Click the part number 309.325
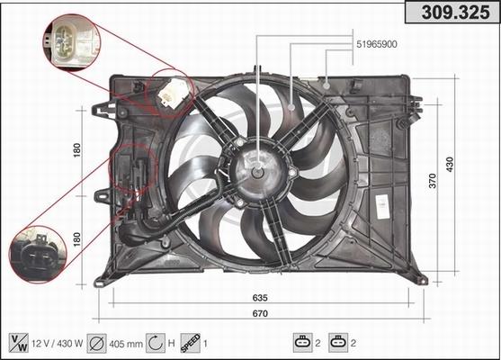(x=455, y=12)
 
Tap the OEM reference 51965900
(x=377, y=44)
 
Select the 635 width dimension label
(x=260, y=297)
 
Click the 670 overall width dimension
(x=260, y=313)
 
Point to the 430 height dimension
(x=450, y=165)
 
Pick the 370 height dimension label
(x=433, y=181)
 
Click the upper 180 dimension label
(x=77, y=150)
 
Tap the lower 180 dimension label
(x=77, y=239)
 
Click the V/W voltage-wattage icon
(x=19, y=343)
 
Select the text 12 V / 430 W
(x=58, y=344)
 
